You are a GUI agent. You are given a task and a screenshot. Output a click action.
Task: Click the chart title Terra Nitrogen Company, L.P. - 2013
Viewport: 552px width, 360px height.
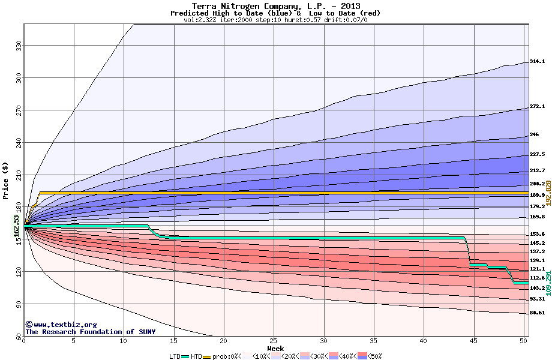point(275,6)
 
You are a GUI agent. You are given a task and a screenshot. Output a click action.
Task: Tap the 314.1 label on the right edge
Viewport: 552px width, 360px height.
point(537,61)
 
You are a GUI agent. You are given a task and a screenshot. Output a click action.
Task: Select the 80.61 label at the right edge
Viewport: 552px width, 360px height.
point(537,313)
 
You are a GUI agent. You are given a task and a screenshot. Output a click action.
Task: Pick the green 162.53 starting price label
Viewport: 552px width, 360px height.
point(17,226)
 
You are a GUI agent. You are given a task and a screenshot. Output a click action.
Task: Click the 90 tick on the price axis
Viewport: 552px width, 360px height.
point(17,304)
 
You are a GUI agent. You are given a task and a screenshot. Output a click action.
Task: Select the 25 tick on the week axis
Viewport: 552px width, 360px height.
point(274,341)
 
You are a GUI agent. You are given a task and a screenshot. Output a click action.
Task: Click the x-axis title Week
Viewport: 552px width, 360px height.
point(275,349)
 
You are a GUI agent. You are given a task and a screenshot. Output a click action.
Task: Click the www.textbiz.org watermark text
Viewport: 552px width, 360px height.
point(65,325)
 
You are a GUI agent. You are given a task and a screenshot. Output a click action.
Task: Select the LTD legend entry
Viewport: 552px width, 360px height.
point(176,356)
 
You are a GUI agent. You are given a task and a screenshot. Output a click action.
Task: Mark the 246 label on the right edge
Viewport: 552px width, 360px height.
point(535,134)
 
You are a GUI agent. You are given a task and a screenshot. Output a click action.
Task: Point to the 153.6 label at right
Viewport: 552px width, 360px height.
point(537,234)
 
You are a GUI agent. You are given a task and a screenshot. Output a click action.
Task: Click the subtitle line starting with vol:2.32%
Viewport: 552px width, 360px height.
point(275,20)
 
